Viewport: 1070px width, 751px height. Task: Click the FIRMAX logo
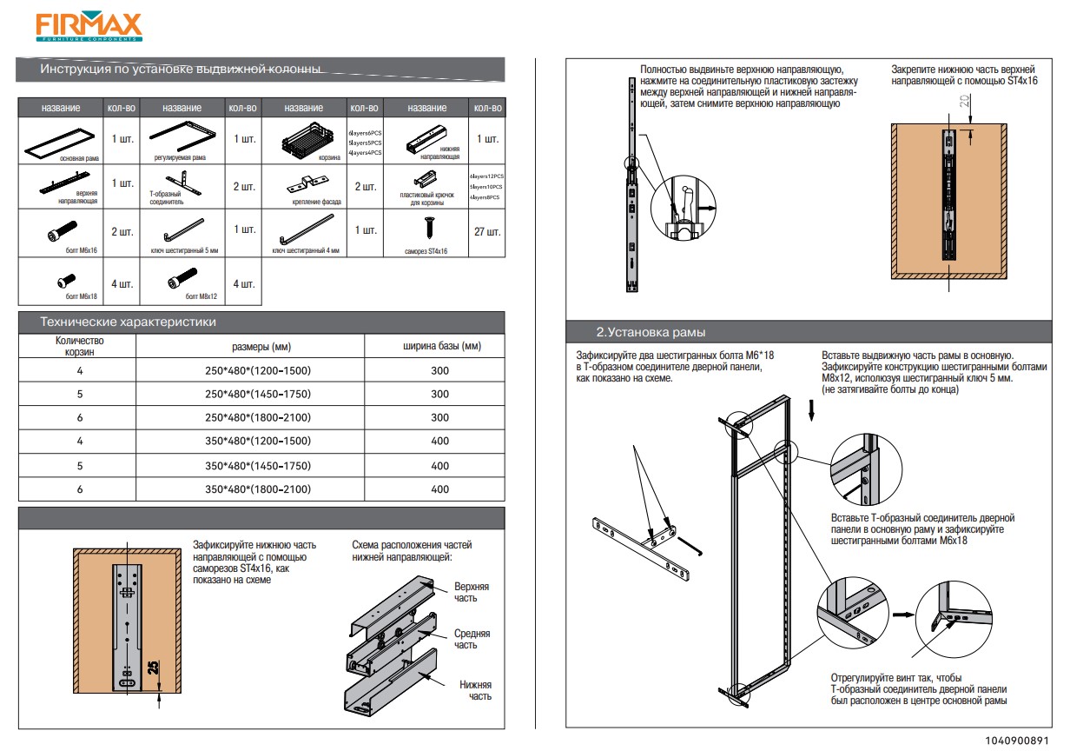click(89, 27)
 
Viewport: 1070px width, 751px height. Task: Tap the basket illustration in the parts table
click(305, 139)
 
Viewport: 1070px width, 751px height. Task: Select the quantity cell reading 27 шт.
click(488, 232)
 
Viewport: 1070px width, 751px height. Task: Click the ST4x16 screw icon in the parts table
click(428, 229)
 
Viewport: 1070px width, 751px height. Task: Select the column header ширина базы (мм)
click(440, 346)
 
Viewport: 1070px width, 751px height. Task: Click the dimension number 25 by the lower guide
click(152, 668)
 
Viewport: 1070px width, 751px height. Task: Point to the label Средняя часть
click(472, 639)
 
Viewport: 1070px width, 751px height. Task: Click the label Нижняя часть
click(475, 690)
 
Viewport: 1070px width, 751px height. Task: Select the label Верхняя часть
click(471, 592)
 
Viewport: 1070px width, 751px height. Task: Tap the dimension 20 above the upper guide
click(965, 102)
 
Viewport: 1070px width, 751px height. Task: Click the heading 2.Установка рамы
click(651, 333)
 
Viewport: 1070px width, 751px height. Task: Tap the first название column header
click(61, 109)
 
